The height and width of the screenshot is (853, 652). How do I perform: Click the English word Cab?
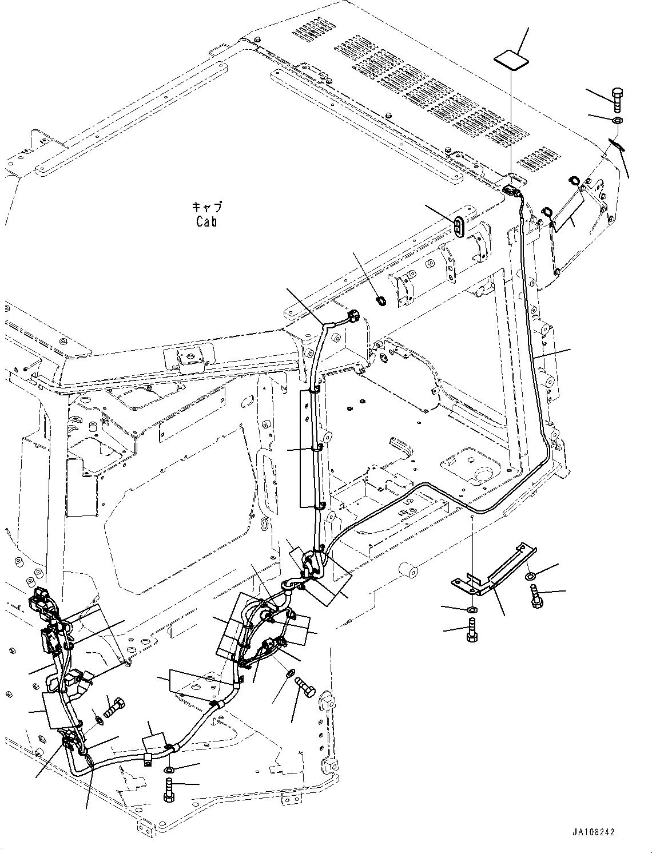click(206, 221)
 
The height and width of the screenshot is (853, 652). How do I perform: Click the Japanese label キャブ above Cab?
click(206, 207)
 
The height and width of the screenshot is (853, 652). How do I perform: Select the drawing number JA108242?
click(592, 832)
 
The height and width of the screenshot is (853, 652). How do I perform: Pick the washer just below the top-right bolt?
click(618, 121)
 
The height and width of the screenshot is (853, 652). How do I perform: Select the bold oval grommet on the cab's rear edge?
click(459, 225)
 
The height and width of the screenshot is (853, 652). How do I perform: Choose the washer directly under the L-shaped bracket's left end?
click(471, 610)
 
